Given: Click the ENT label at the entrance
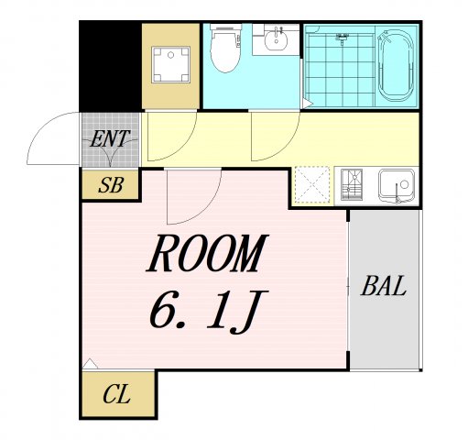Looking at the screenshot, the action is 110,139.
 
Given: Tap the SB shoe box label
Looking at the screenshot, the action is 111,185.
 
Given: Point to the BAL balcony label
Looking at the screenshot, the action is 384,286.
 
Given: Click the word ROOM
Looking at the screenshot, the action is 208,253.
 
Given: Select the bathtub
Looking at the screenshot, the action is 397,65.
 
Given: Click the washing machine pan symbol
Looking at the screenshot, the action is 170,64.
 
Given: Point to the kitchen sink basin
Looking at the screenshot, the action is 397,186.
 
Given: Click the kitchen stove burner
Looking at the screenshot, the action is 352,184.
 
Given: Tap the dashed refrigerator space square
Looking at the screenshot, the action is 312,184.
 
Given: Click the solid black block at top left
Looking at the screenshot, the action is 111,66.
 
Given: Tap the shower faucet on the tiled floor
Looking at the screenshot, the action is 343,38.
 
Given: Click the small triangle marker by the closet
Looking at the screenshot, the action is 90,364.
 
